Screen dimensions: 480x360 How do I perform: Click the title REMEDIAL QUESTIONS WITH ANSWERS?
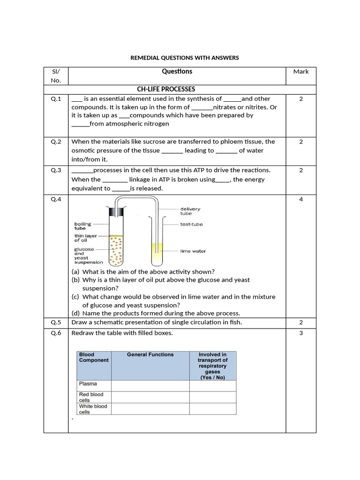pos(184,58)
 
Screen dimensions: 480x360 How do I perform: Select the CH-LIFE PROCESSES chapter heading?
pos(165,89)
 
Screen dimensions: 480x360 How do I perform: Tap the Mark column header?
pos(301,72)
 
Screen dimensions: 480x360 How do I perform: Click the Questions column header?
pos(177,72)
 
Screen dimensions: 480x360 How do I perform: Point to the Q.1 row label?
pos(56,99)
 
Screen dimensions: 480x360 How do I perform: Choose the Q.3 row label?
pos(56,170)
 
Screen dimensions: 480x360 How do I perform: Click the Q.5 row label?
pos(56,322)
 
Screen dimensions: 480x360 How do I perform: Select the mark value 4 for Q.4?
pos(301,199)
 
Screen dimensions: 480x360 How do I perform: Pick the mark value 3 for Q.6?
pos(301,333)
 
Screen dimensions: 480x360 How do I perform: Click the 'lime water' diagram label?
pos(193,251)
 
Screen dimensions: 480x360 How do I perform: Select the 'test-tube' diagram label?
pos(191,225)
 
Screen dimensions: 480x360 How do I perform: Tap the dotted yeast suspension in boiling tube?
pos(115,251)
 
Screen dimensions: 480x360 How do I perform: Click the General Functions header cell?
pos(150,355)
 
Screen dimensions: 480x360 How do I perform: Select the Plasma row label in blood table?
pos(88,384)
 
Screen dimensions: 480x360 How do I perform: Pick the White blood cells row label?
pos(93,409)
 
